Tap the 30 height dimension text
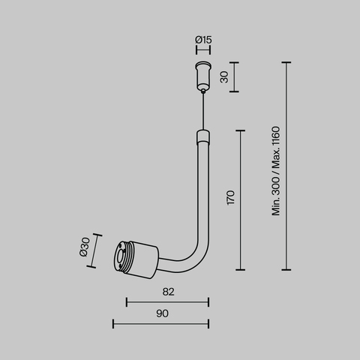coord(223,77)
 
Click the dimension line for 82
coord(167,302)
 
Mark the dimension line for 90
coord(160,323)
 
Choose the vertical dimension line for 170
coord(240,199)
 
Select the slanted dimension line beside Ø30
coord(94,247)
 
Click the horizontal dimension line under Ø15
coord(202,49)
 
